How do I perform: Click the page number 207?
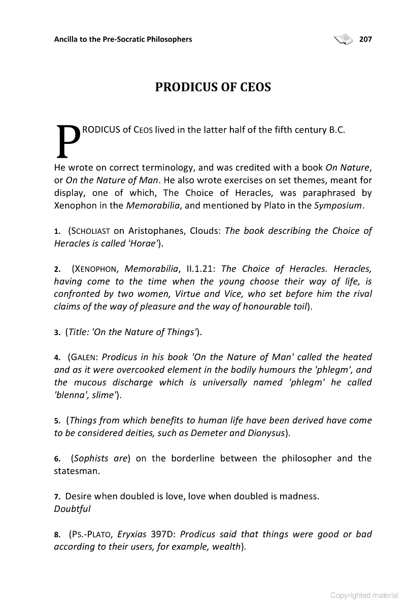click(365, 39)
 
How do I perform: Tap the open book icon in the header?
click(344, 39)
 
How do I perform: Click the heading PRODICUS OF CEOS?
click(213, 87)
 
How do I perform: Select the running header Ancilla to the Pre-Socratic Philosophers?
click(123, 39)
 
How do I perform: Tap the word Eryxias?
click(132, 534)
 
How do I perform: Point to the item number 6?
click(57, 459)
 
